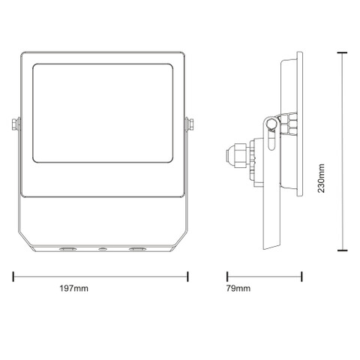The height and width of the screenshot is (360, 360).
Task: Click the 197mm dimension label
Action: click(x=73, y=288)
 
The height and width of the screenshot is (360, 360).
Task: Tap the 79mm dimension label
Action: click(x=238, y=288)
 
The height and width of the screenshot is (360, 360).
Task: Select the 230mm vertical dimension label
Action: click(x=321, y=178)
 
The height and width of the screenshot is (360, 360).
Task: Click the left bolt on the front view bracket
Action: click(x=16, y=124)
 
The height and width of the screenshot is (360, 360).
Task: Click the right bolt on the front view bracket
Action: click(x=190, y=124)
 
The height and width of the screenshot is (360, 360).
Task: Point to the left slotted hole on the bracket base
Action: click(x=67, y=249)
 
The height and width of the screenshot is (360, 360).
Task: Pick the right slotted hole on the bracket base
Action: click(x=137, y=249)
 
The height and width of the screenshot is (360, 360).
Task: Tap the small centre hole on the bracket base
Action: click(x=102, y=249)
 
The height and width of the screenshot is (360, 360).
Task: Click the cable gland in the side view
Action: click(x=237, y=155)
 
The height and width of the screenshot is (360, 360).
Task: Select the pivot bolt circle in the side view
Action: click(x=271, y=123)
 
